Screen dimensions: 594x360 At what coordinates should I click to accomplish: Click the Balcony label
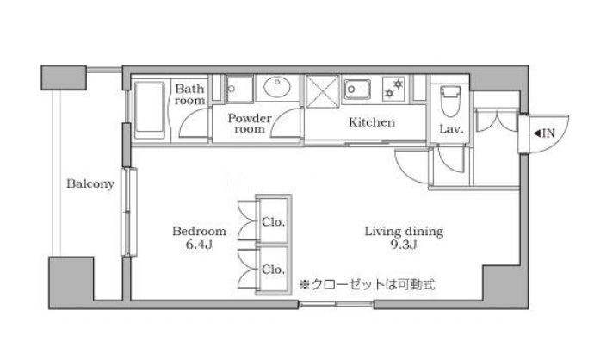coord(90,183)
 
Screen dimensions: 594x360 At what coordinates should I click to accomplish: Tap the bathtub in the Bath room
coord(150,110)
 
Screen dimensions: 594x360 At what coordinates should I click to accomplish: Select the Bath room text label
coord(189,95)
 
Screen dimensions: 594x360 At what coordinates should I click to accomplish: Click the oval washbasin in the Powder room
coord(277,87)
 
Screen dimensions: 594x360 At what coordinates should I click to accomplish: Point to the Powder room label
coord(250,123)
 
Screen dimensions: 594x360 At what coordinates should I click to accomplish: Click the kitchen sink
coord(357,90)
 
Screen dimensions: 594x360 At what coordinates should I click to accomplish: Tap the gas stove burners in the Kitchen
coord(393,89)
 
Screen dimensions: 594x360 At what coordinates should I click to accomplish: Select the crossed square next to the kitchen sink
coord(322,91)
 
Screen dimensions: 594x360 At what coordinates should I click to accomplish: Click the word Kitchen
coord(372,122)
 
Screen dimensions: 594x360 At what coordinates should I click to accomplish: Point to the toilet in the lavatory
coord(450,101)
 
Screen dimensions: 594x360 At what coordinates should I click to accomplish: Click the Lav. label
coord(451,129)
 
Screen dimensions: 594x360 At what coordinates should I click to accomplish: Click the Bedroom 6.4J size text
coord(199,238)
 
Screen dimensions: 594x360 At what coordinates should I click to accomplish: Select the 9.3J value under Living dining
coord(404,245)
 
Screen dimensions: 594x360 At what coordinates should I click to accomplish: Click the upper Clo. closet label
coord(273,221)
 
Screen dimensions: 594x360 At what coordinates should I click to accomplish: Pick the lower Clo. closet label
coord(273,270)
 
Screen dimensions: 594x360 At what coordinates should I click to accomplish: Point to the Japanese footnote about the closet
coord(367,284)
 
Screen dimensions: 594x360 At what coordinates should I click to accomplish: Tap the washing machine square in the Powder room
coord(240,90)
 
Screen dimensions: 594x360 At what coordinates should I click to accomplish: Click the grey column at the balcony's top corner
coord(64,78)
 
